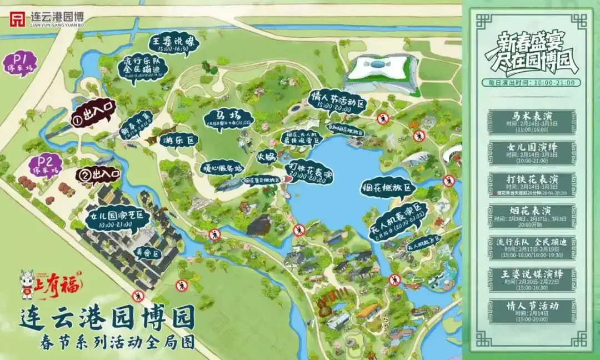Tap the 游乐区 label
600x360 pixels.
(178, 141)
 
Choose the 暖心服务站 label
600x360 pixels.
(222, 167)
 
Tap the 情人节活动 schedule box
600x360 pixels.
(532, 310)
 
